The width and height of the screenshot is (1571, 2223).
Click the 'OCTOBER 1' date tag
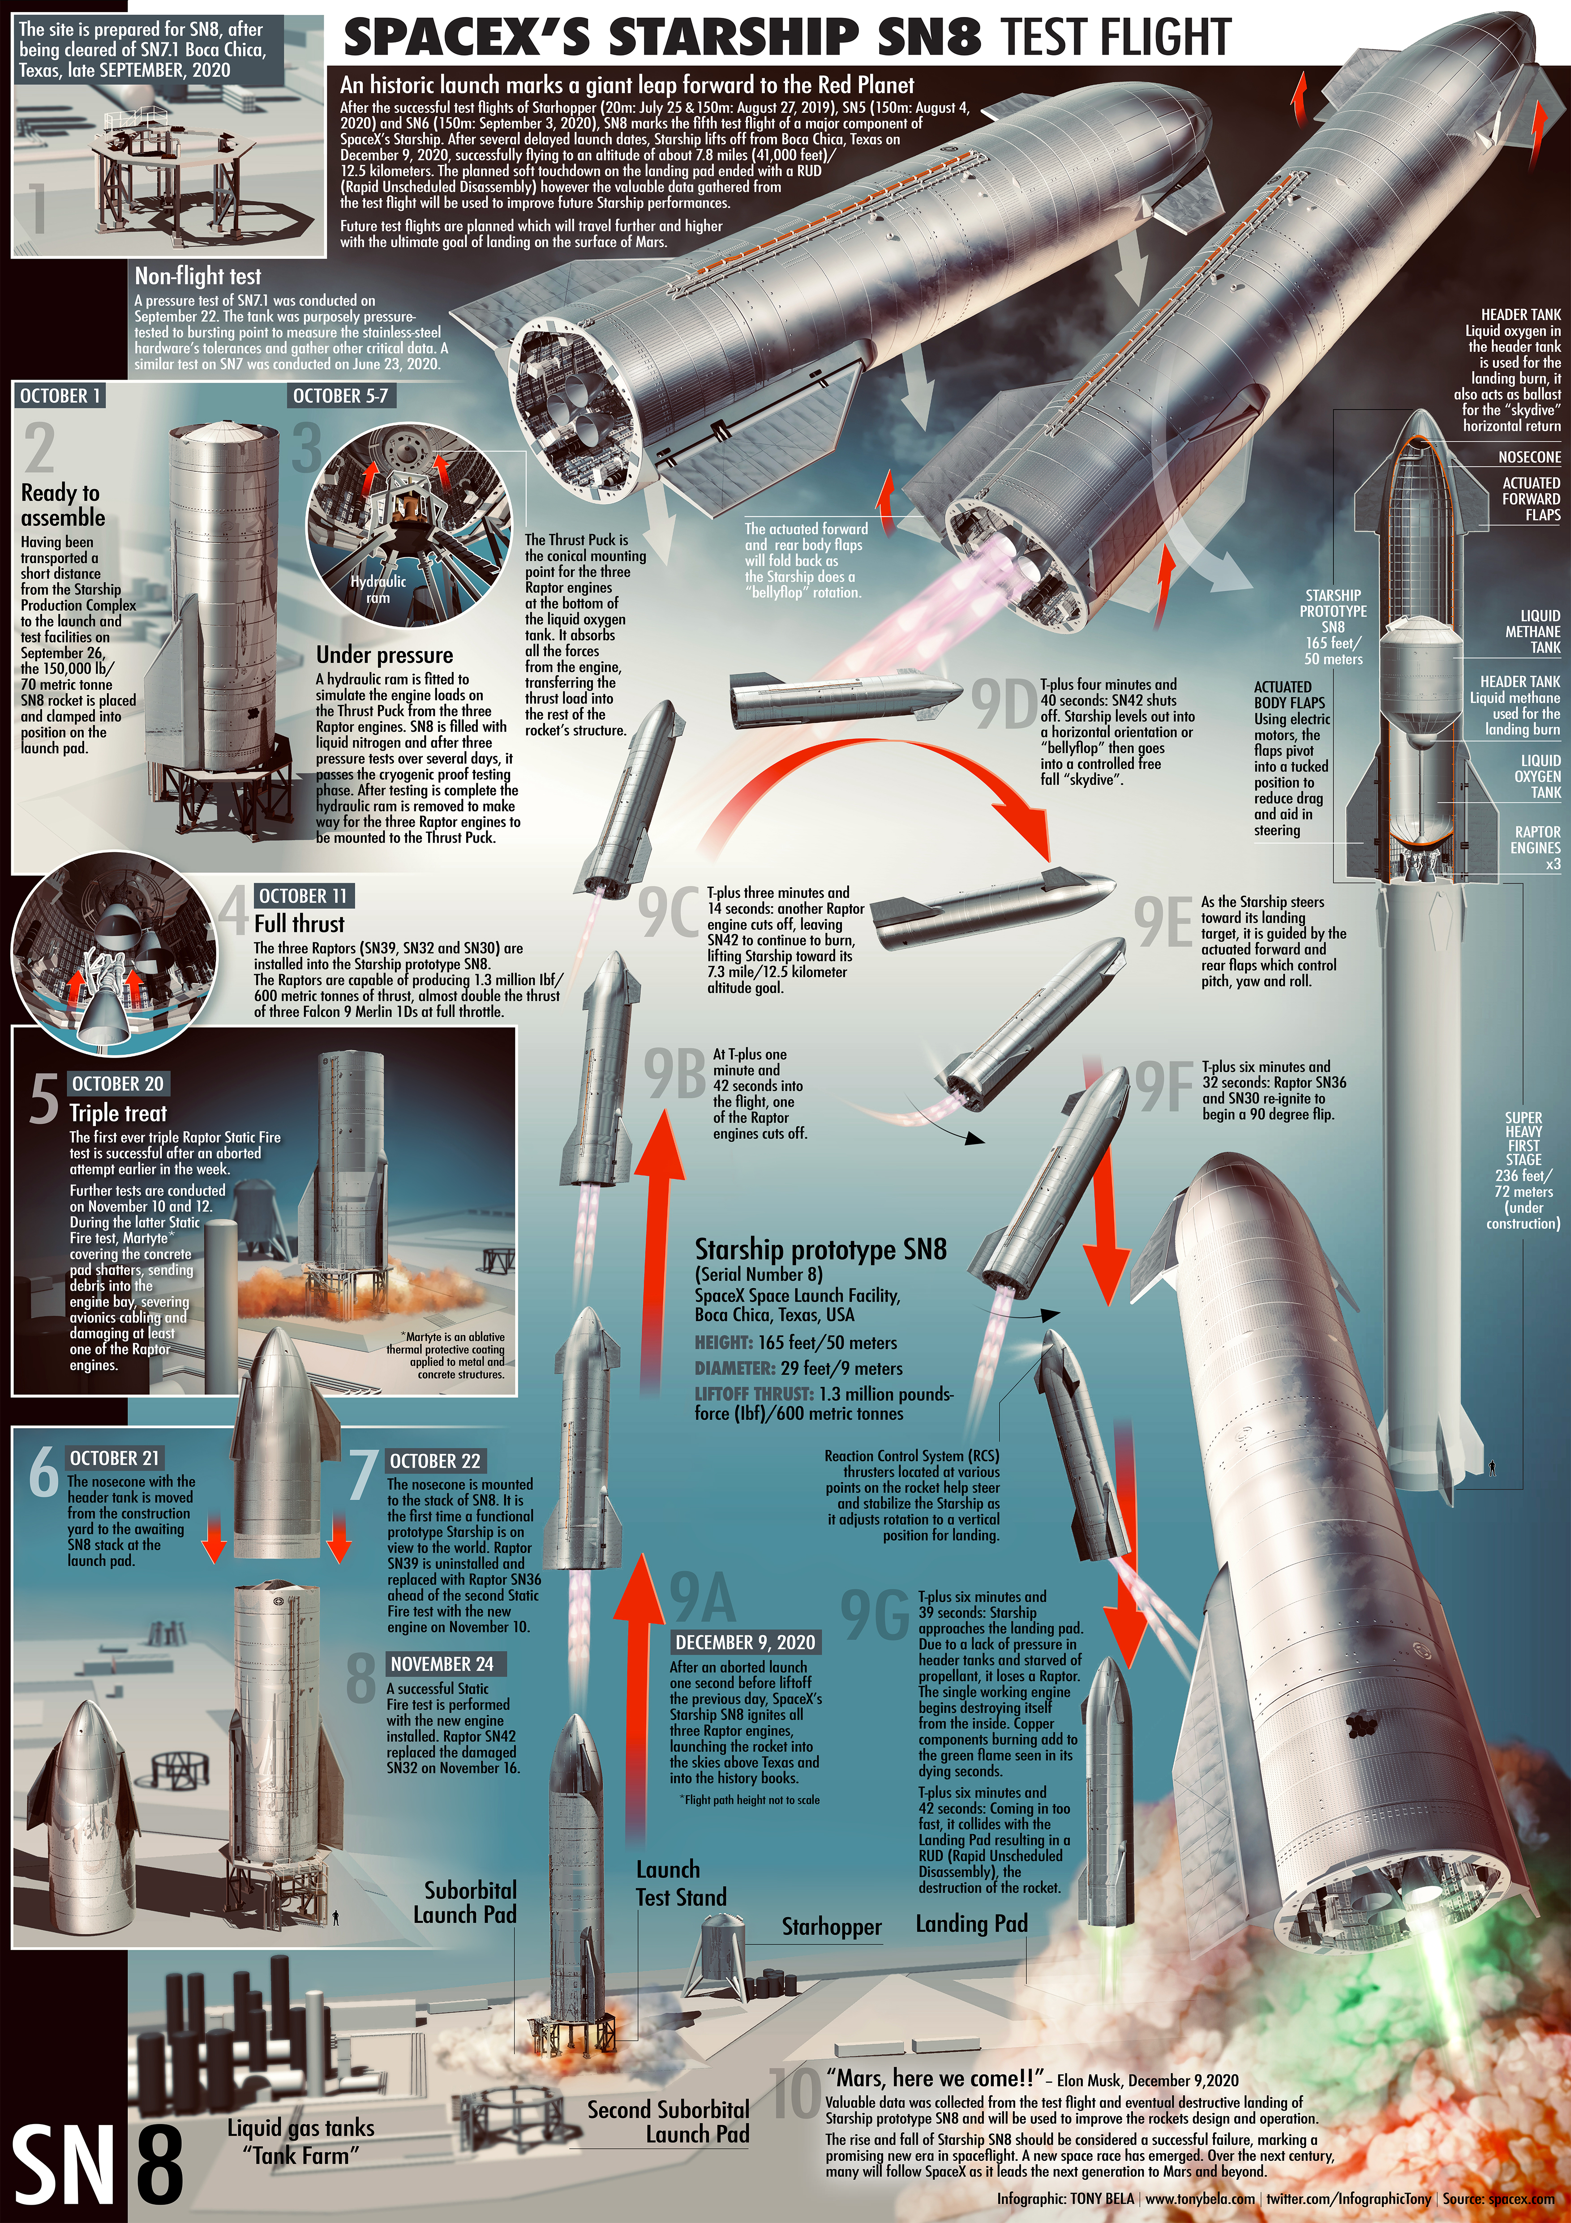pos(60,396)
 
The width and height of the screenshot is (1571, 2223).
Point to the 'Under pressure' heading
pos(385,656)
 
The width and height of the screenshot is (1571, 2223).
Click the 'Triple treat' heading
pos(118,1114)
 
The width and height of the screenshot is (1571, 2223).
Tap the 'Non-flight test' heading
pos(197,276)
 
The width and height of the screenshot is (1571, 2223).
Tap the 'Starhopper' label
pos(831,1928)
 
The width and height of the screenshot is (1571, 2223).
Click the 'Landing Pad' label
pos(971,1924)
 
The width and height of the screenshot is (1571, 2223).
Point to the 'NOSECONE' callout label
pos(1529,457)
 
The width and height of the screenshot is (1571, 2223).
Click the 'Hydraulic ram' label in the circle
pos(379,589)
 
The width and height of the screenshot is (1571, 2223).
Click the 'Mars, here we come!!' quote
pos(933,2078)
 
